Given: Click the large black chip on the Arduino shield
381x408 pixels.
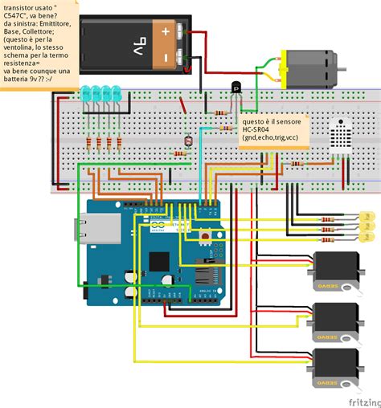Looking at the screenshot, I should point(159,262).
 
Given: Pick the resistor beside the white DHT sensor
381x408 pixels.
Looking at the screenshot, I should point(298,163).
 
